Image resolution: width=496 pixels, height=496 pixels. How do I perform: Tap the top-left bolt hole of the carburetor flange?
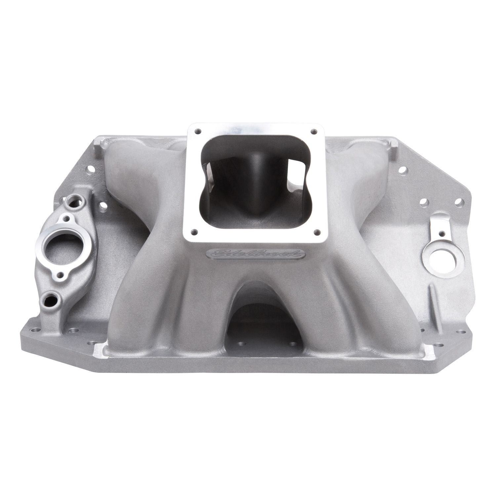pos(198,131)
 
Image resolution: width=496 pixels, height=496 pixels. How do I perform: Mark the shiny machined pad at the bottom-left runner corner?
pos(100,348)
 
